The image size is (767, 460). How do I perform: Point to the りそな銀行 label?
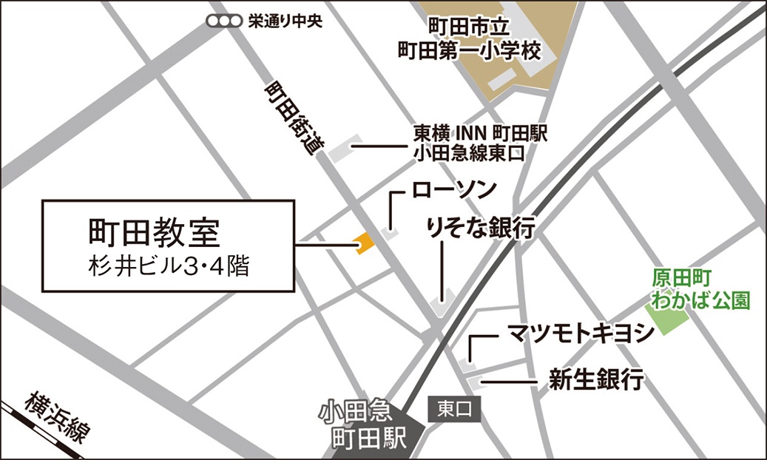coord(480,228)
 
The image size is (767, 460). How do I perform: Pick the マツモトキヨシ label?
coord(581,333)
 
